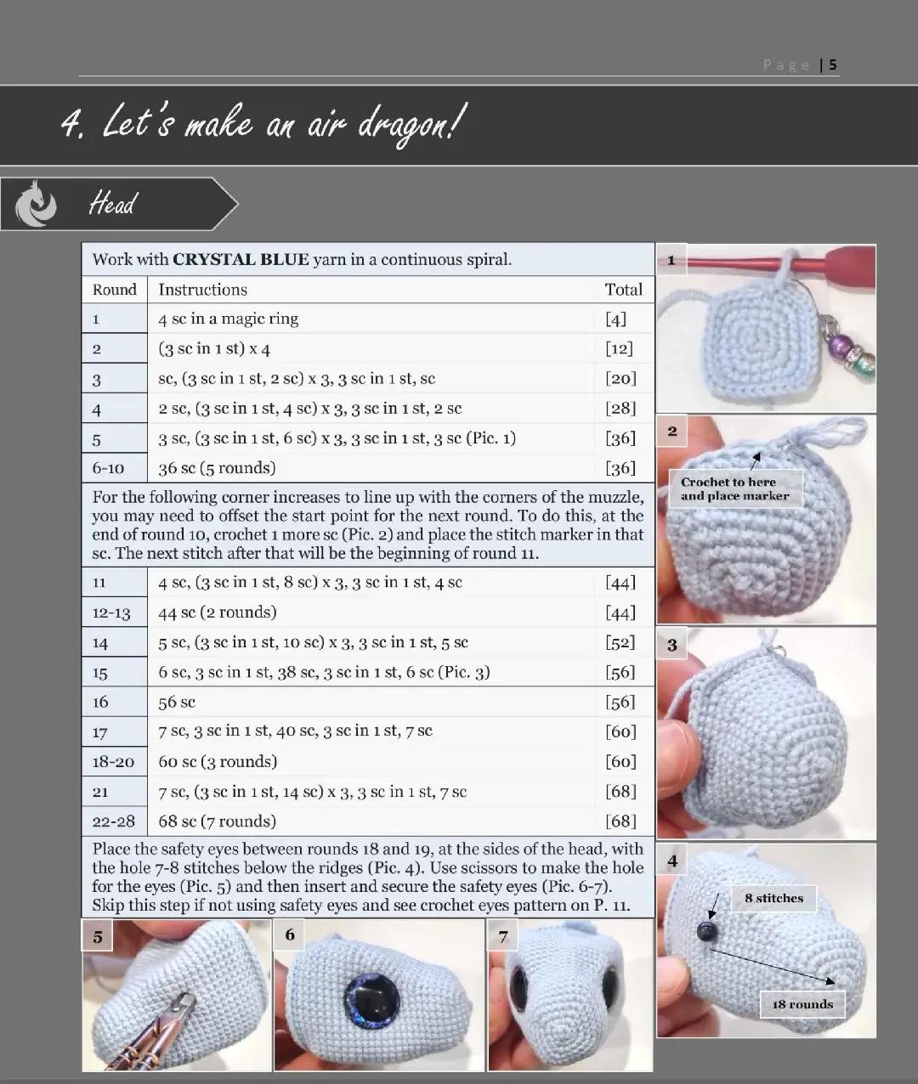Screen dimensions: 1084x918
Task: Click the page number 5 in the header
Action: (x=833, y=65)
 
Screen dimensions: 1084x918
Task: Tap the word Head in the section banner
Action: (x=112, y=204)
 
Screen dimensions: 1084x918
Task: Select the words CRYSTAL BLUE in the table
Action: (x=241, y=260)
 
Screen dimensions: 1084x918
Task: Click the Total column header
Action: (x=623, y=290)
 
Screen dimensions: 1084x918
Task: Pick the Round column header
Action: (x=114, y=290)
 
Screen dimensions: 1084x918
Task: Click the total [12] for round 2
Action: (x=619, y=348)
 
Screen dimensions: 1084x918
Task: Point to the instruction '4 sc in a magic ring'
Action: (x=228, y=319)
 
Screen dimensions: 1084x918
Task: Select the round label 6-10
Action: (x=108, y=468)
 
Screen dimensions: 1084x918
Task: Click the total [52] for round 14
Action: (x=620, y=642)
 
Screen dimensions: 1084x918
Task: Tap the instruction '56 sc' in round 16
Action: (x=177, y=702)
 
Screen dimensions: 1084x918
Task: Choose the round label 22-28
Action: (x=113, y=821)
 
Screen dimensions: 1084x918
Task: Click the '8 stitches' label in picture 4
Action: (x=773, y=898)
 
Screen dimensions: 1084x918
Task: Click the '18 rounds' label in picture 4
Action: (x=802, y=1004)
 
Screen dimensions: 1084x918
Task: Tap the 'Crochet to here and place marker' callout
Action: (x=734, y=488)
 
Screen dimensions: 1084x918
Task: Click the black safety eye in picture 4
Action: (x=706, y=932)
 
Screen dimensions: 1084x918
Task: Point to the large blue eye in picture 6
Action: (x=371, y=1000)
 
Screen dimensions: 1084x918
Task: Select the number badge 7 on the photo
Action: (x=503, y=936)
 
